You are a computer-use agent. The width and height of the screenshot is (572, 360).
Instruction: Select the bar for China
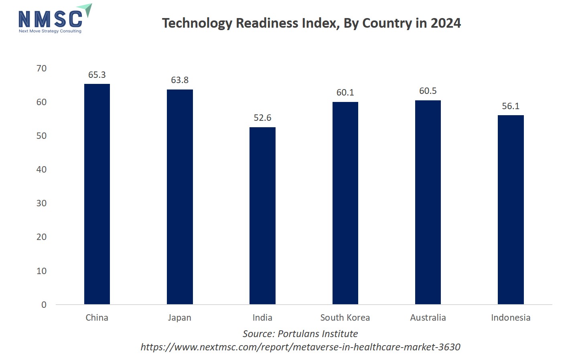[97, 194]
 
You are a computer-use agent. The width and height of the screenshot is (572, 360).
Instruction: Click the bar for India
[262, 216]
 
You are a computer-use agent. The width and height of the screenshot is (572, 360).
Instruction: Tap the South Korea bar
[345, 203]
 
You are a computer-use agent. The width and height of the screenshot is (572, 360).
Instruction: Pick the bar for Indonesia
[511, 209]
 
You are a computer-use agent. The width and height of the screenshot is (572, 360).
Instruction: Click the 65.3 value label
[97, 75]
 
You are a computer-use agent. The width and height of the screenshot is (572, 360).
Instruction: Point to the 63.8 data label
[180, 80]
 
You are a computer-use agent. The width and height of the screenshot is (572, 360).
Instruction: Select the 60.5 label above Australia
[428, 91]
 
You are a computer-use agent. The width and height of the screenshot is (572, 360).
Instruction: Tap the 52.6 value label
[262, 118]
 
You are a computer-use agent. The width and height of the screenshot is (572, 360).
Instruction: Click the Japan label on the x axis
[180, 318]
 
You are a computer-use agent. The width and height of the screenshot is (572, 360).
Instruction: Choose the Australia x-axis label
[428, 318]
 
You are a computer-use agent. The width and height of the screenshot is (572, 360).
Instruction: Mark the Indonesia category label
[511, 318]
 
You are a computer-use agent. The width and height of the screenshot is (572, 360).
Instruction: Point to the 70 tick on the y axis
[41, 69]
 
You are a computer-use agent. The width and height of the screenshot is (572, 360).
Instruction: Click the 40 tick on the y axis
[41, 170]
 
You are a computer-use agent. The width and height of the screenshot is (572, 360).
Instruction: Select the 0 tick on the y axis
[44, 305]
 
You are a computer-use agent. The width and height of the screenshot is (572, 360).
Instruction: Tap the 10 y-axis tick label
[41, 271]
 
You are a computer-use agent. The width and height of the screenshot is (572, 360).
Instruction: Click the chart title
[311, 23]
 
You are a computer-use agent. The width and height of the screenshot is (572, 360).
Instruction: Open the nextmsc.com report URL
[300, 347]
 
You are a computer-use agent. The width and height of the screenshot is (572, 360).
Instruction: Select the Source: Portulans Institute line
[300, 334]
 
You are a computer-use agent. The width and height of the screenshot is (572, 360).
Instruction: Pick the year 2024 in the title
[446, 23]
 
